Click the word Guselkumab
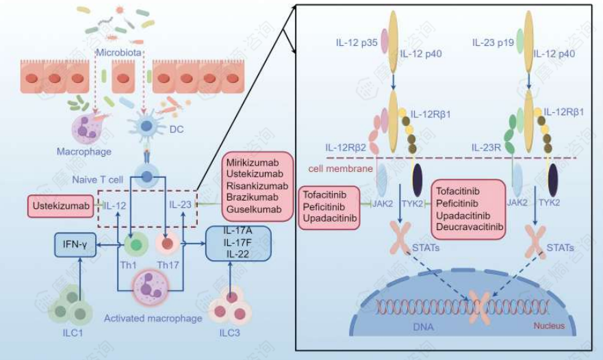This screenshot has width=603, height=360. pyautogui.click(x=252, y=208)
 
